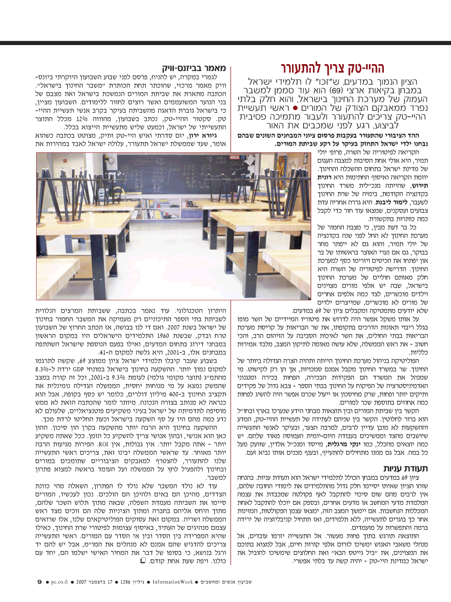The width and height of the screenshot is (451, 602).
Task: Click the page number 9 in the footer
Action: coord(40,581)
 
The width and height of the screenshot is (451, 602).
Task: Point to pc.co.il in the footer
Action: coord(63,581)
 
